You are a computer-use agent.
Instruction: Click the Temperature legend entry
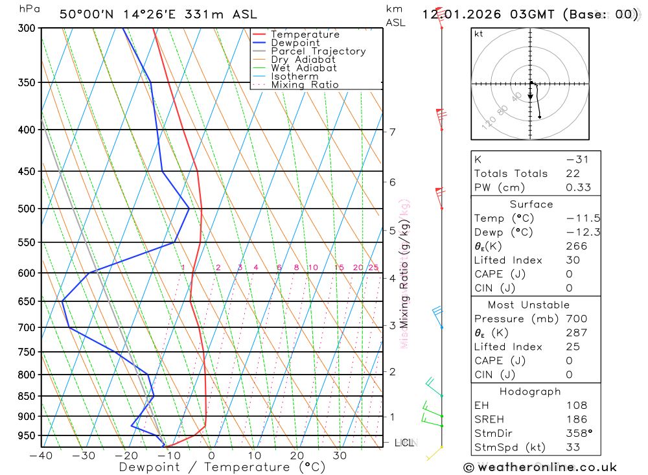click(x=305, y=34)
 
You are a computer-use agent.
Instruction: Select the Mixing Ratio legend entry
click(x=305, y=85)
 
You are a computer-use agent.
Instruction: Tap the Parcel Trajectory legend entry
click(x=318, y=51)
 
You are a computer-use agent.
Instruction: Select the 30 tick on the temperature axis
click(x=339, y=456)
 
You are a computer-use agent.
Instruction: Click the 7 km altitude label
click(x=393, y=132)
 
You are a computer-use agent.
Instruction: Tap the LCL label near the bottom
click(x=404, y=443)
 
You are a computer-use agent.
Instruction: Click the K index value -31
click(x=577, y=159)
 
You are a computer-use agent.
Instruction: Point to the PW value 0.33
click(x=578, y=187)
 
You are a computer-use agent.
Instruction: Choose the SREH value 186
click(x=576, y=419)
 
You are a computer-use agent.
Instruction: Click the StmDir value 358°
click(x=579, y=434)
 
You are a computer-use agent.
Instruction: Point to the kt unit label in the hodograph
click(x=479, y=34)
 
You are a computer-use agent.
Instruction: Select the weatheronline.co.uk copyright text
click(x=540, y=467)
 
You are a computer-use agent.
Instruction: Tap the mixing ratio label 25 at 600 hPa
click(x=373, y=268)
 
